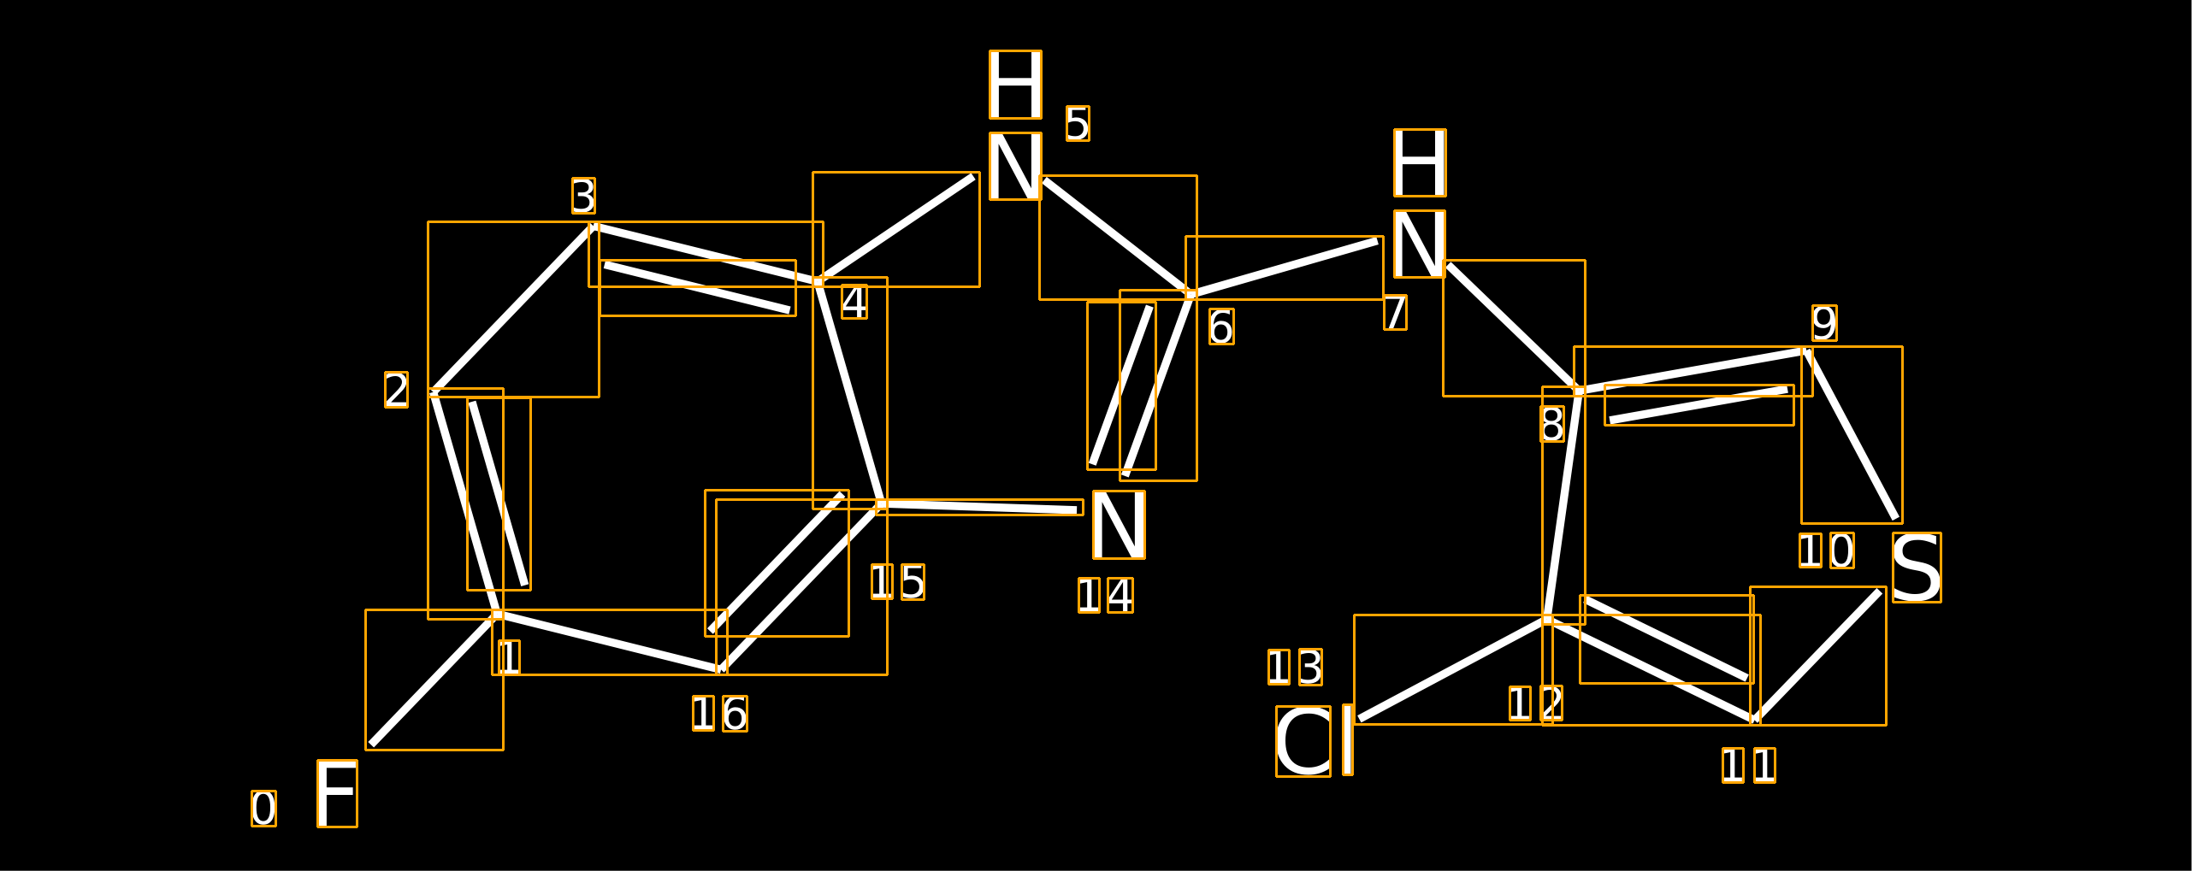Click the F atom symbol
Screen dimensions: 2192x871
coord(337,793)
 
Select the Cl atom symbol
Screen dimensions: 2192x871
coord(1315,740)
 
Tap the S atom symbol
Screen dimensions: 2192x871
coord(1917,568)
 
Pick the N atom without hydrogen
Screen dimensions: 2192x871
coord(1119,525)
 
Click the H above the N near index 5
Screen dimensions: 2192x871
coord(1015,85)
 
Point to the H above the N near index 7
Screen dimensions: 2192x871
coord(1420,162)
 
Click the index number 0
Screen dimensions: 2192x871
coord(263,809)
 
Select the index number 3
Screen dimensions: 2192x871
coord(583,196)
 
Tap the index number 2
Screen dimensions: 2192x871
coord(396,390)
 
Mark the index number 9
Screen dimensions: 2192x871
coord(1824,323)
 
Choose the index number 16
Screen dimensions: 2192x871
coord(720,714)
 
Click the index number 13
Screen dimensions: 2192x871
coord(1295,667)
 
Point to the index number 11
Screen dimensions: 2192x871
coord(1749,765)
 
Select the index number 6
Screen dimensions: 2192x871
coord(1221,327)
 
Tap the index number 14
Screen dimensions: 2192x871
coord(1106,595)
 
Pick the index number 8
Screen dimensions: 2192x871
coord(1552,424)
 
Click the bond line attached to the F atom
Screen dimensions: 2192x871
coord(434,680)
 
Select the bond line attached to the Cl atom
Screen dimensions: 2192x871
coord(1452,669)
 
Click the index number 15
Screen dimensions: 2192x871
coord(898,581)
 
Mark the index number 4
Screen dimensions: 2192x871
coord(854,302)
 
